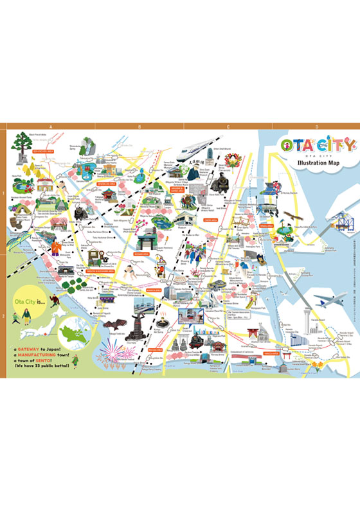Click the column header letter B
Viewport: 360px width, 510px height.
(x=139, y=127)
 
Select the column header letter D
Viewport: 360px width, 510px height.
(x=316, y=127)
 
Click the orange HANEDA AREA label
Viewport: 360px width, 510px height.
(x=271, y=353)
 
